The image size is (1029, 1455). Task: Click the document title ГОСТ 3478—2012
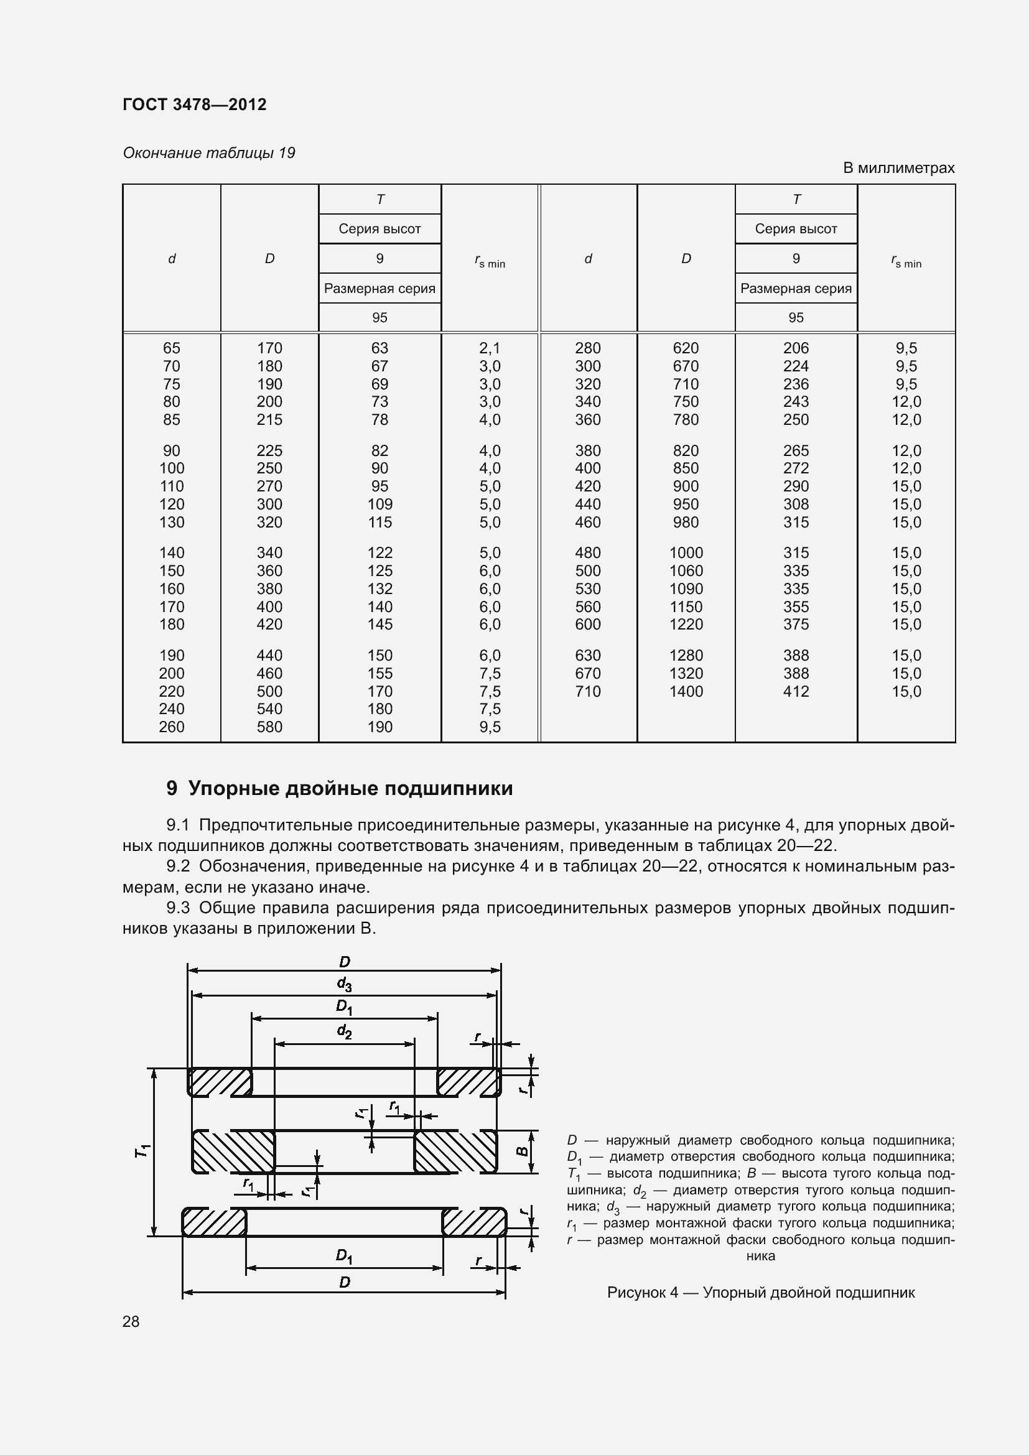tap(195, 105)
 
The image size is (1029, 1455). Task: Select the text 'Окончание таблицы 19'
tap(209, 153)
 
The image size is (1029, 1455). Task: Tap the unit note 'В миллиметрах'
tap(898, 168)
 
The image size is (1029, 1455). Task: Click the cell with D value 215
tap(269, 419)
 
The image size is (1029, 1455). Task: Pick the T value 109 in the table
tap(379, 504)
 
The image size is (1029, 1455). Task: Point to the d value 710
tap(587, 691)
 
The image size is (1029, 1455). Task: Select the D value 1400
tap(686, 691)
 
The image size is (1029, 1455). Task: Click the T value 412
tap(796, 691)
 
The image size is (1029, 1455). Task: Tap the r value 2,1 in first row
tap(489, 348)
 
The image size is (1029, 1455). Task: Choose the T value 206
tap(796, 348)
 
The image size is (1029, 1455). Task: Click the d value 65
tap(171, 348)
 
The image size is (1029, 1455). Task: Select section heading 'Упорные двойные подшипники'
tap(350, 788)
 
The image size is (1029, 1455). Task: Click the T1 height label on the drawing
tap(142, 1151)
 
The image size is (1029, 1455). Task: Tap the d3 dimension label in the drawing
tap(344, 983)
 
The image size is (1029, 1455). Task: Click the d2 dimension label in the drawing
tap(344, 1031)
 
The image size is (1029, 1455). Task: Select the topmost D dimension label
tap(344, 961)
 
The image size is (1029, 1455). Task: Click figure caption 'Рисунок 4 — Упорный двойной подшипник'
tap(760, 1292)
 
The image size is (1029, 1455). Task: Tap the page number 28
tap(131, 1321)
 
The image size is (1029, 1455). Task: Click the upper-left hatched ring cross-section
tap(219, 1082)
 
